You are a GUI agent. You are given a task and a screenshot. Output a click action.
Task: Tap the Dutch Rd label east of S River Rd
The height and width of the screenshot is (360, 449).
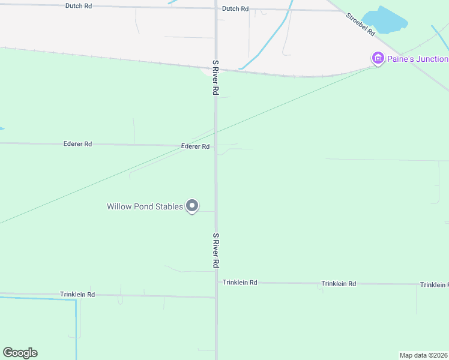click(x=235, y=9)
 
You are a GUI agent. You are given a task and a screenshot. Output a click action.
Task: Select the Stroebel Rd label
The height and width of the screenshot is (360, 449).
click(x=361, y=23)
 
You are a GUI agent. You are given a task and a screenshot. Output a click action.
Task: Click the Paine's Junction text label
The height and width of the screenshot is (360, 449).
click(x=417, y=59)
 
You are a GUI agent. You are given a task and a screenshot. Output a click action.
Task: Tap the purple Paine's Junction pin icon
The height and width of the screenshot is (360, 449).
click(x=378, y=58)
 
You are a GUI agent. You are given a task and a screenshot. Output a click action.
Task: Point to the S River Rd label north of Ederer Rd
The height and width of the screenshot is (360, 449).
click(x=214, y=77)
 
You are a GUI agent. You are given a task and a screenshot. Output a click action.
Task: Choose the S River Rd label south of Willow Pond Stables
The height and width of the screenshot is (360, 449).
click(x=215, y=251)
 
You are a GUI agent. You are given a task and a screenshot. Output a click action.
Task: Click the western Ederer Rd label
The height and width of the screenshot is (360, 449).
click(x=77, y=144)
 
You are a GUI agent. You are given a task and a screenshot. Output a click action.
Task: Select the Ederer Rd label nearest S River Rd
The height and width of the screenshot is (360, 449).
click(x=195, y=146)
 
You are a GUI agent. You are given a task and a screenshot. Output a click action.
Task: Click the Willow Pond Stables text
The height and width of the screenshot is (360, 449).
click(x=145, y=206)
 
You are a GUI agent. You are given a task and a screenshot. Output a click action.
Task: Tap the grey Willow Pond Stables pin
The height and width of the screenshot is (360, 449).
click(x=192, y=206)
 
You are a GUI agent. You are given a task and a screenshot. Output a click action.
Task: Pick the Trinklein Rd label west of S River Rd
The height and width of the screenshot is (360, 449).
click(x=77, y=295)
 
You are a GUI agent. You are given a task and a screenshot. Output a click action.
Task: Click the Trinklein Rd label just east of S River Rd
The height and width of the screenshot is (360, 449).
click(x=240, y=282)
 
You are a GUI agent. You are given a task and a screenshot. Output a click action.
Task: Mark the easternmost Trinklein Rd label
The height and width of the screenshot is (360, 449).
click(x=434, y=284)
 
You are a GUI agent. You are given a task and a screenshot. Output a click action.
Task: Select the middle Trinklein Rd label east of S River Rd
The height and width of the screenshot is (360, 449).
click(x=339, y=283)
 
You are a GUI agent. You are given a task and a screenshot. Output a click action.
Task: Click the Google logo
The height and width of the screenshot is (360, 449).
click(x=20, y=353)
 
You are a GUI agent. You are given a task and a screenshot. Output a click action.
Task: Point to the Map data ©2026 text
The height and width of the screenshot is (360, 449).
click(x=424, y=355)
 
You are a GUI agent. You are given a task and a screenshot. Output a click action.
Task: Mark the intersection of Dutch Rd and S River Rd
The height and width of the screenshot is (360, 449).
click(x=216, y=8)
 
